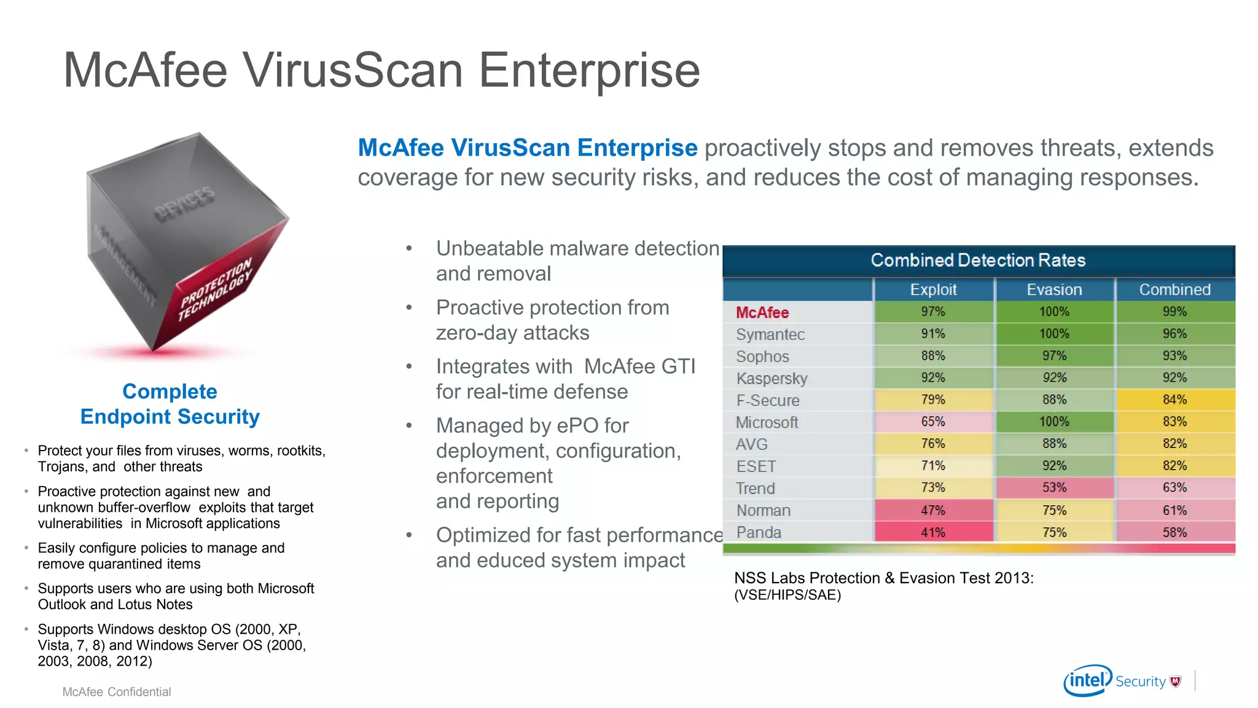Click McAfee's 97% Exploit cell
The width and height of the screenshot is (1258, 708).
click(x=932, y=312)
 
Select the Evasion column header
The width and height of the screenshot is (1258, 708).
click(x=1054, y=289)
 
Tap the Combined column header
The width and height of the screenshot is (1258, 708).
click(x=1174, y=289)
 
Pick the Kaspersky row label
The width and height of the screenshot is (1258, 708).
click(x=772, y=378)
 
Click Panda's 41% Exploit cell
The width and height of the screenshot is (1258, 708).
click(x=932, y=532)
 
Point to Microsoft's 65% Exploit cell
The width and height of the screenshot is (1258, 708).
click(x=932, y=422)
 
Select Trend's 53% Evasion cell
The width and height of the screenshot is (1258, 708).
click(x=1054, y=487)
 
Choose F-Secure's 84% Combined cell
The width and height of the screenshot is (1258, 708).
click(x=1174, y=399)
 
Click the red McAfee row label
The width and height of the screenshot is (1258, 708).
click(x=762, y=312)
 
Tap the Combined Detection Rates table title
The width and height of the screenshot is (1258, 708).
click(x=978, y=260)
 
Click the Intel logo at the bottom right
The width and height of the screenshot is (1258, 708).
click(x=1088, y=680)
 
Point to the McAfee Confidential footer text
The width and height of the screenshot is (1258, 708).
click(x=117, y=691)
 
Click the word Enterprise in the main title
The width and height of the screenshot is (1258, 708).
click(x=588, y=71)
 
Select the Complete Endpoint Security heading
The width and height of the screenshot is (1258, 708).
click(x=170, y=404)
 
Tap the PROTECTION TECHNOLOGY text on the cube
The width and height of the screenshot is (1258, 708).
click(x=215, y=289)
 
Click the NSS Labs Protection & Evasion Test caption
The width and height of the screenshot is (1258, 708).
click(x=883, y=578)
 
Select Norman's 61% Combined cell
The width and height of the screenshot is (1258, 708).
click(x=1174, y=510)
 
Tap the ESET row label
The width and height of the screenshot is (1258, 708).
click(x=756, y=466)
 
